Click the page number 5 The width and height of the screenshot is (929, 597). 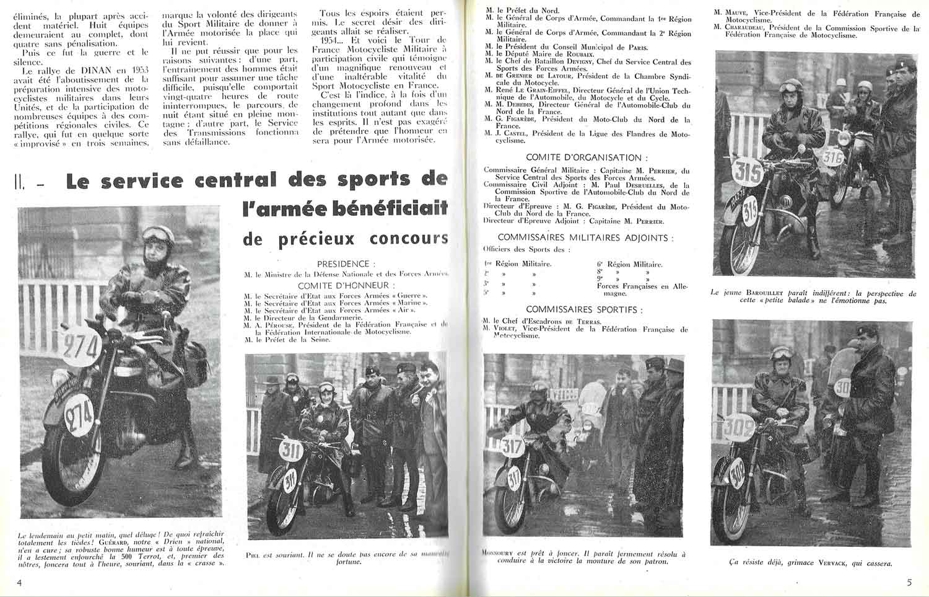click(909, 583)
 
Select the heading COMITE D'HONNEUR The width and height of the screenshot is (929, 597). click(346, 285)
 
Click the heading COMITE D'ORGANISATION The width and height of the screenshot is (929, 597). click(584, 157)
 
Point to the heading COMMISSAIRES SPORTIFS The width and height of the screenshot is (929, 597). click(584, 309)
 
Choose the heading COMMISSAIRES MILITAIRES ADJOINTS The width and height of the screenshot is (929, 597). click(585, 237)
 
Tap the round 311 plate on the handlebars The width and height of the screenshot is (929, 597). click(290, 449)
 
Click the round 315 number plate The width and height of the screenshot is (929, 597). click(748, 173)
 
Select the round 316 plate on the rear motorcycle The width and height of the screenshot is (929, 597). click(832, 158)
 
